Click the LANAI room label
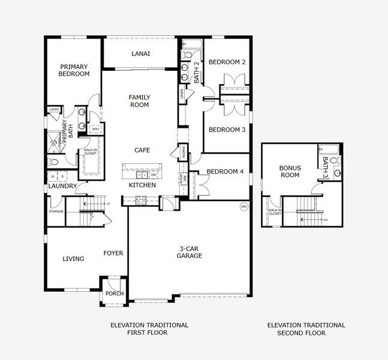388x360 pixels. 140,53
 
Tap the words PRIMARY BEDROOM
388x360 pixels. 74,70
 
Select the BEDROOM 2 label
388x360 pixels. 227,62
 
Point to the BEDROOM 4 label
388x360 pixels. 225,172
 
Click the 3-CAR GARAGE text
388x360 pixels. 189,252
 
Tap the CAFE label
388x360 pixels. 142,150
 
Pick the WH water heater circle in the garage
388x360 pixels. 243,206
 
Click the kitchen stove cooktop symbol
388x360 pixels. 142,202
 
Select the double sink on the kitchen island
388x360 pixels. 142,175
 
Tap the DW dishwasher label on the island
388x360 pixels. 154,175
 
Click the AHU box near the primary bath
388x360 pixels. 95,129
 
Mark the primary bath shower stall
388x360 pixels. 55,142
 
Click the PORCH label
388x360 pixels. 114,293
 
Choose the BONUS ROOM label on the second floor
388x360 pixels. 290,172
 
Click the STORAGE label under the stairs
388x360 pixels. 56,211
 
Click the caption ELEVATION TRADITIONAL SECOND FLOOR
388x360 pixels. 306,328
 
